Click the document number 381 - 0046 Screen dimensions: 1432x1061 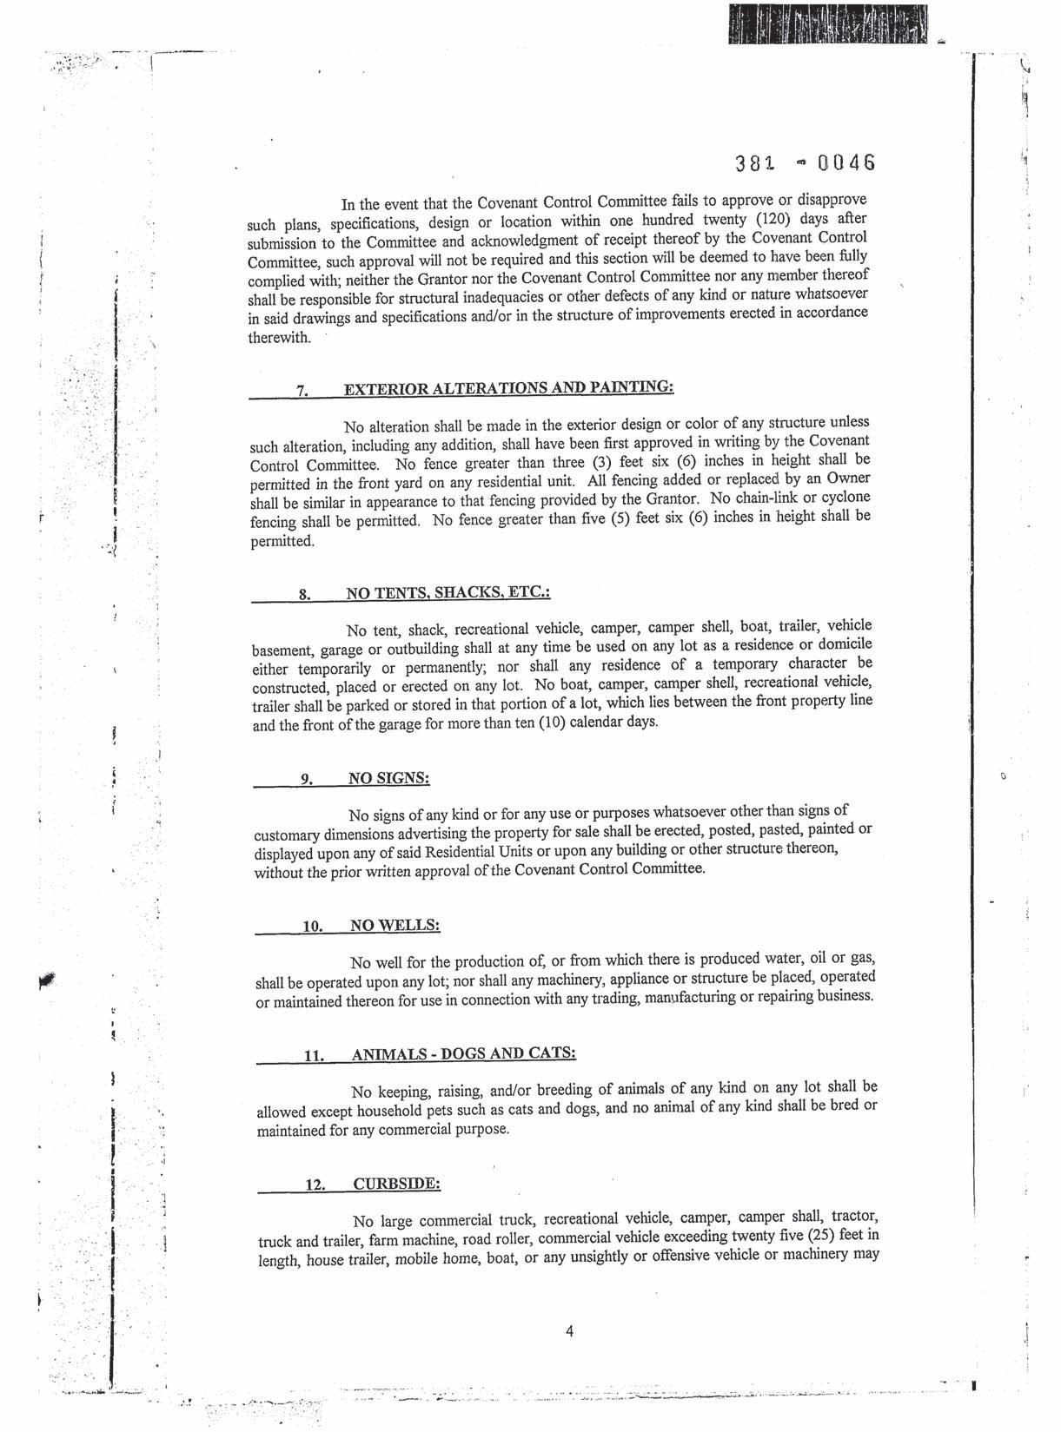coord(804,163)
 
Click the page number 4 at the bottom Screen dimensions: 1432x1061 coord(569,1330)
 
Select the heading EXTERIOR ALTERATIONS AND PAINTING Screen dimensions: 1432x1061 coord(508,387)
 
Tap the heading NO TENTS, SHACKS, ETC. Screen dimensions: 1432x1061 coord(448,593)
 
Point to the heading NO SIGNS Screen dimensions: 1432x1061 coord(389,778)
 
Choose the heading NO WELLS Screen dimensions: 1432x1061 coord(395,925)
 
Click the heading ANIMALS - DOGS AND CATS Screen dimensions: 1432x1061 coord(463,1054)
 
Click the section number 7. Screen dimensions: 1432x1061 coord(302,391)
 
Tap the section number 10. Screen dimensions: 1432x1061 coord(312,927)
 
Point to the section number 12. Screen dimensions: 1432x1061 coord(314,1185)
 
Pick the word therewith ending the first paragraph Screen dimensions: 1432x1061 coord(279,338)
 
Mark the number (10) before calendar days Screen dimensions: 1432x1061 coord(552,723)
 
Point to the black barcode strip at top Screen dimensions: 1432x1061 coord(826,23)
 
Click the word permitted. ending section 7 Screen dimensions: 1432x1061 coord(282,541)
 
